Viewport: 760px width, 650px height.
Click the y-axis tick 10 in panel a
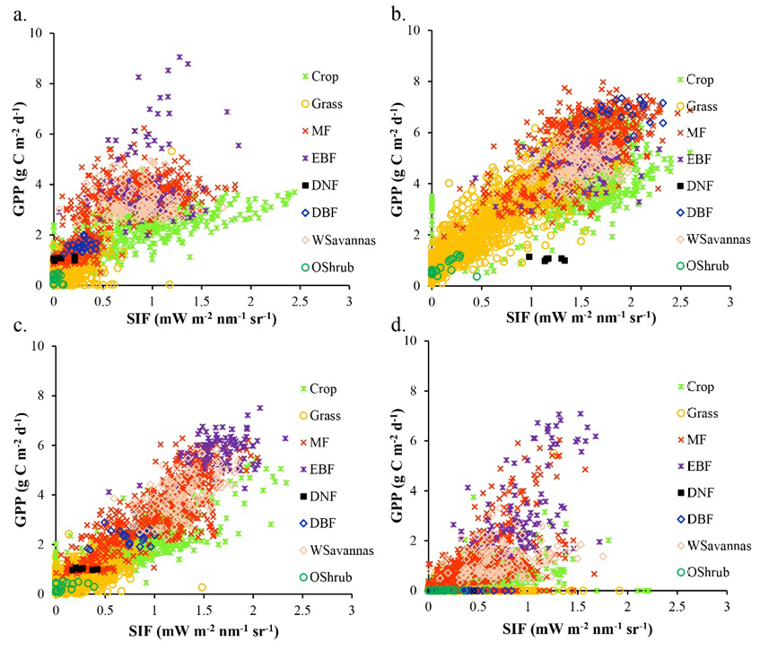36,33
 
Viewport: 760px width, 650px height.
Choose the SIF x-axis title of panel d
578,628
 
